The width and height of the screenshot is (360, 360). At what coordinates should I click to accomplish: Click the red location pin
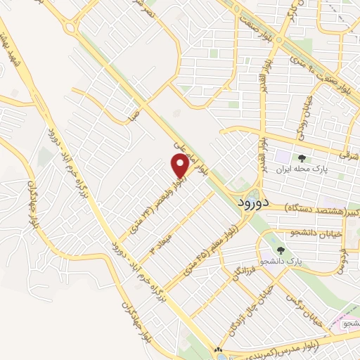pyautogui.click(x=180, y=165)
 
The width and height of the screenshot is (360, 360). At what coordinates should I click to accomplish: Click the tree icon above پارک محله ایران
pyautogui.click(x=302, y=158)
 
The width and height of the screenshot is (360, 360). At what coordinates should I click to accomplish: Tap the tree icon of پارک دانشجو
pyautogui.click(x=281, y=250)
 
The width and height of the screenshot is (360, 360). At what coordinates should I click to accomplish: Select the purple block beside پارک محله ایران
pyautogui.click(x=281, y=157)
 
